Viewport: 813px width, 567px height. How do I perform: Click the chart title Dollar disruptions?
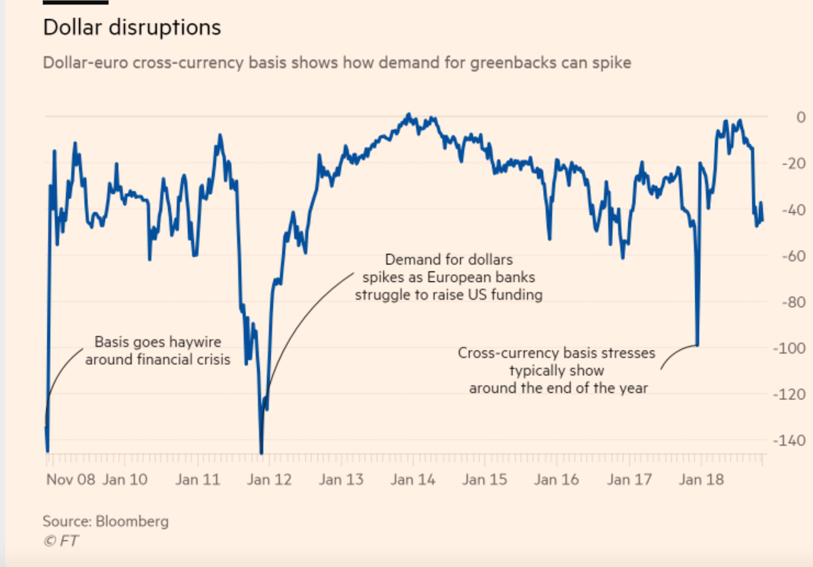(x=132, y=28)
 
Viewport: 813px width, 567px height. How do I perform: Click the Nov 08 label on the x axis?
(x=71, y=480)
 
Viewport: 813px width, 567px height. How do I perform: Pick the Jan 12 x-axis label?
(x=269, y=480)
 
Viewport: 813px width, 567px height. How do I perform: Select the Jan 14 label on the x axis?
(x=413, y=480)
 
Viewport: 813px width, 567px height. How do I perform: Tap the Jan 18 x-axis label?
(x=700, y=480)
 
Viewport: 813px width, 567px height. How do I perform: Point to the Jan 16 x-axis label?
(x=556, y=480)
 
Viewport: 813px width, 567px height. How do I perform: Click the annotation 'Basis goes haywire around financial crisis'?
(x=157, y=351)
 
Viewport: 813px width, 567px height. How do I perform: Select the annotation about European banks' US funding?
(x=449, y=277)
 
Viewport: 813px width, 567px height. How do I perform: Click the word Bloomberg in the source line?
(x=132, y=521)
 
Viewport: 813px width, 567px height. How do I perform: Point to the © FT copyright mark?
(x=61, y=540)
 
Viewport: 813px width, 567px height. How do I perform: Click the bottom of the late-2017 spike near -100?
(x=697, y=344)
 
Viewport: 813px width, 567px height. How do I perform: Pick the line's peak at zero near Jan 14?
(x=408, y=115)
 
